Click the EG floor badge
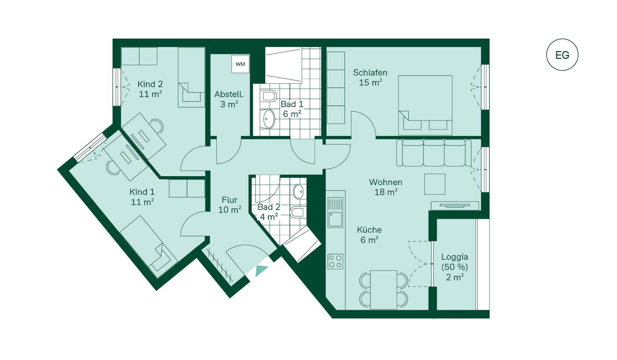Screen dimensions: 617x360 tap(562, 55)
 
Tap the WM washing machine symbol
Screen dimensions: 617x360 tap(240, 64)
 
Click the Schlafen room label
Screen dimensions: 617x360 tap(370, 73)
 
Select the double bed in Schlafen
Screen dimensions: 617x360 tap(425, 105)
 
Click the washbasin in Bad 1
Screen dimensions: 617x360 tap(269, 119)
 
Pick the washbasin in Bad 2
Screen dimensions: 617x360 tap(299, 192)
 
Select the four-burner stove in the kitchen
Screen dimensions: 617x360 tap(335, 261)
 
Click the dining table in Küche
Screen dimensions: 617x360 tap(384, 290)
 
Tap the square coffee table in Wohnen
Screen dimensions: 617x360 tap(435, 184)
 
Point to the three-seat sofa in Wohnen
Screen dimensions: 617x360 tap(434, 153)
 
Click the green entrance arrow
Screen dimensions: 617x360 tap(261, 271)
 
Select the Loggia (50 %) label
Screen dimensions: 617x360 tap(454, 262)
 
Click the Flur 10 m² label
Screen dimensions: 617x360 tap(230, 205)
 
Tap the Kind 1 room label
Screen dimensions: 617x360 tap(142, 192)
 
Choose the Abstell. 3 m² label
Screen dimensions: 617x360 tap(229, 99)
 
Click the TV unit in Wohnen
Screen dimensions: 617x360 tap(455, 206)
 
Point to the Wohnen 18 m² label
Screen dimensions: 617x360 tap(386, 187)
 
